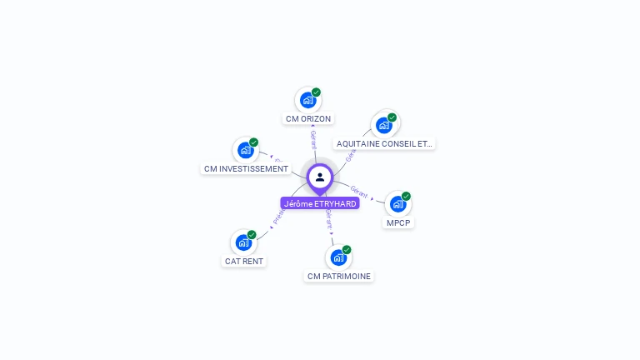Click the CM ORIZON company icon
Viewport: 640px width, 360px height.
(x=307, y=100)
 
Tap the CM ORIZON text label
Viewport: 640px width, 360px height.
(x=308, y=119)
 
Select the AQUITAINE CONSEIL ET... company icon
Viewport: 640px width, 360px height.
(x=383, y=125)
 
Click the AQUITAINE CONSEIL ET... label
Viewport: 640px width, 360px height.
(x=384, y=143)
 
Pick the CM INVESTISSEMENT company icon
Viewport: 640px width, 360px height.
(x=245, y=150)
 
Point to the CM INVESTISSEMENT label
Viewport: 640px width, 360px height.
(x=246, y=169)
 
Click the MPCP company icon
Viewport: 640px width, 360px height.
(x=397, y=203)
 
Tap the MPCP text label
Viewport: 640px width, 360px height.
(x=399, y=222)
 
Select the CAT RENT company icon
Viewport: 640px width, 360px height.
(x=243, y=242)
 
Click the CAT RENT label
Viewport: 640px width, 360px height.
(x=243, y=261)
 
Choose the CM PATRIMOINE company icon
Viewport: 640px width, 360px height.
(x=338, y=257)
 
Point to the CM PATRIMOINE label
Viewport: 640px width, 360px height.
(x=339, y=276)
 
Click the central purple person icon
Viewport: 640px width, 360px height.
(x=320, y=177)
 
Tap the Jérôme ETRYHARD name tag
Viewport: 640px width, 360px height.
(x=320, y=203)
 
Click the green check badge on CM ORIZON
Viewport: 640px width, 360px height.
(x=316, y=92)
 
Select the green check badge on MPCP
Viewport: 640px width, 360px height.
(x=406, y=196)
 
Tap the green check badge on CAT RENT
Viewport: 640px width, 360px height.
(x=252, y=235)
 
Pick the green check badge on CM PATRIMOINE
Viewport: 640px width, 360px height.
(x=347, y=250)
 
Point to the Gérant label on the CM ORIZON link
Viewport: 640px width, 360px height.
(x=313, y=137)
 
